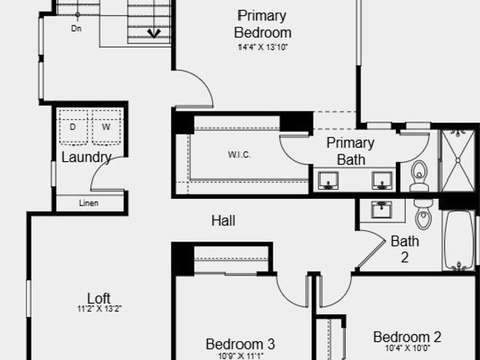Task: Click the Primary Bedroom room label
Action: pyautogui.click(x=262, y=24)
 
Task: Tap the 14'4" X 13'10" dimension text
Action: pyautogui.click(x=263, y=47)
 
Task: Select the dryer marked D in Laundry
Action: pyautogui.click(x=73, y=127)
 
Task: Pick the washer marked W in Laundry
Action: pyautogui.click(x=106, y=127)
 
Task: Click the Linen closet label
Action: pyautogui.click(x=88, y=203)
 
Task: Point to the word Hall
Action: pyautogui.click(x=223, y=220)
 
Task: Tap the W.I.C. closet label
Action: pyautogui.click(x=239, y=154)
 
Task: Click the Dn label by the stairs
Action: pyautogui.click(x=76, y=28)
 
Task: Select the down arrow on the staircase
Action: pyautogui.click(x=154, y=33)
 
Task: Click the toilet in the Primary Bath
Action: pyautogui.click(x=418, y=176)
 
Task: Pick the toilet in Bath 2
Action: pyautogui.click(x=423, y=214)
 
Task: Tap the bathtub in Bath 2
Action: pyautogui.click(x=459, y=240)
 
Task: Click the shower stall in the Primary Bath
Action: pyautogui.click(x=457, y=160)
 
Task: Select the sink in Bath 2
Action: pyautogui.click(x=382, y=209)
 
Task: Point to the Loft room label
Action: pyautogui.click(x=99, y=298)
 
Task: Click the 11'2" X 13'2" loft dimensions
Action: pyautogui.click(x=100, y=309)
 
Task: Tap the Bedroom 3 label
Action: pyautogui.click(x=240, y=344)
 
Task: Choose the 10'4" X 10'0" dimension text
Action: pyautogui.click(x=407, y=348)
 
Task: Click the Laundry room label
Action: pyautogui.click(x=86, y=157)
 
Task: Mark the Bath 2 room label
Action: pyautogui.click(x=405, y=249)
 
